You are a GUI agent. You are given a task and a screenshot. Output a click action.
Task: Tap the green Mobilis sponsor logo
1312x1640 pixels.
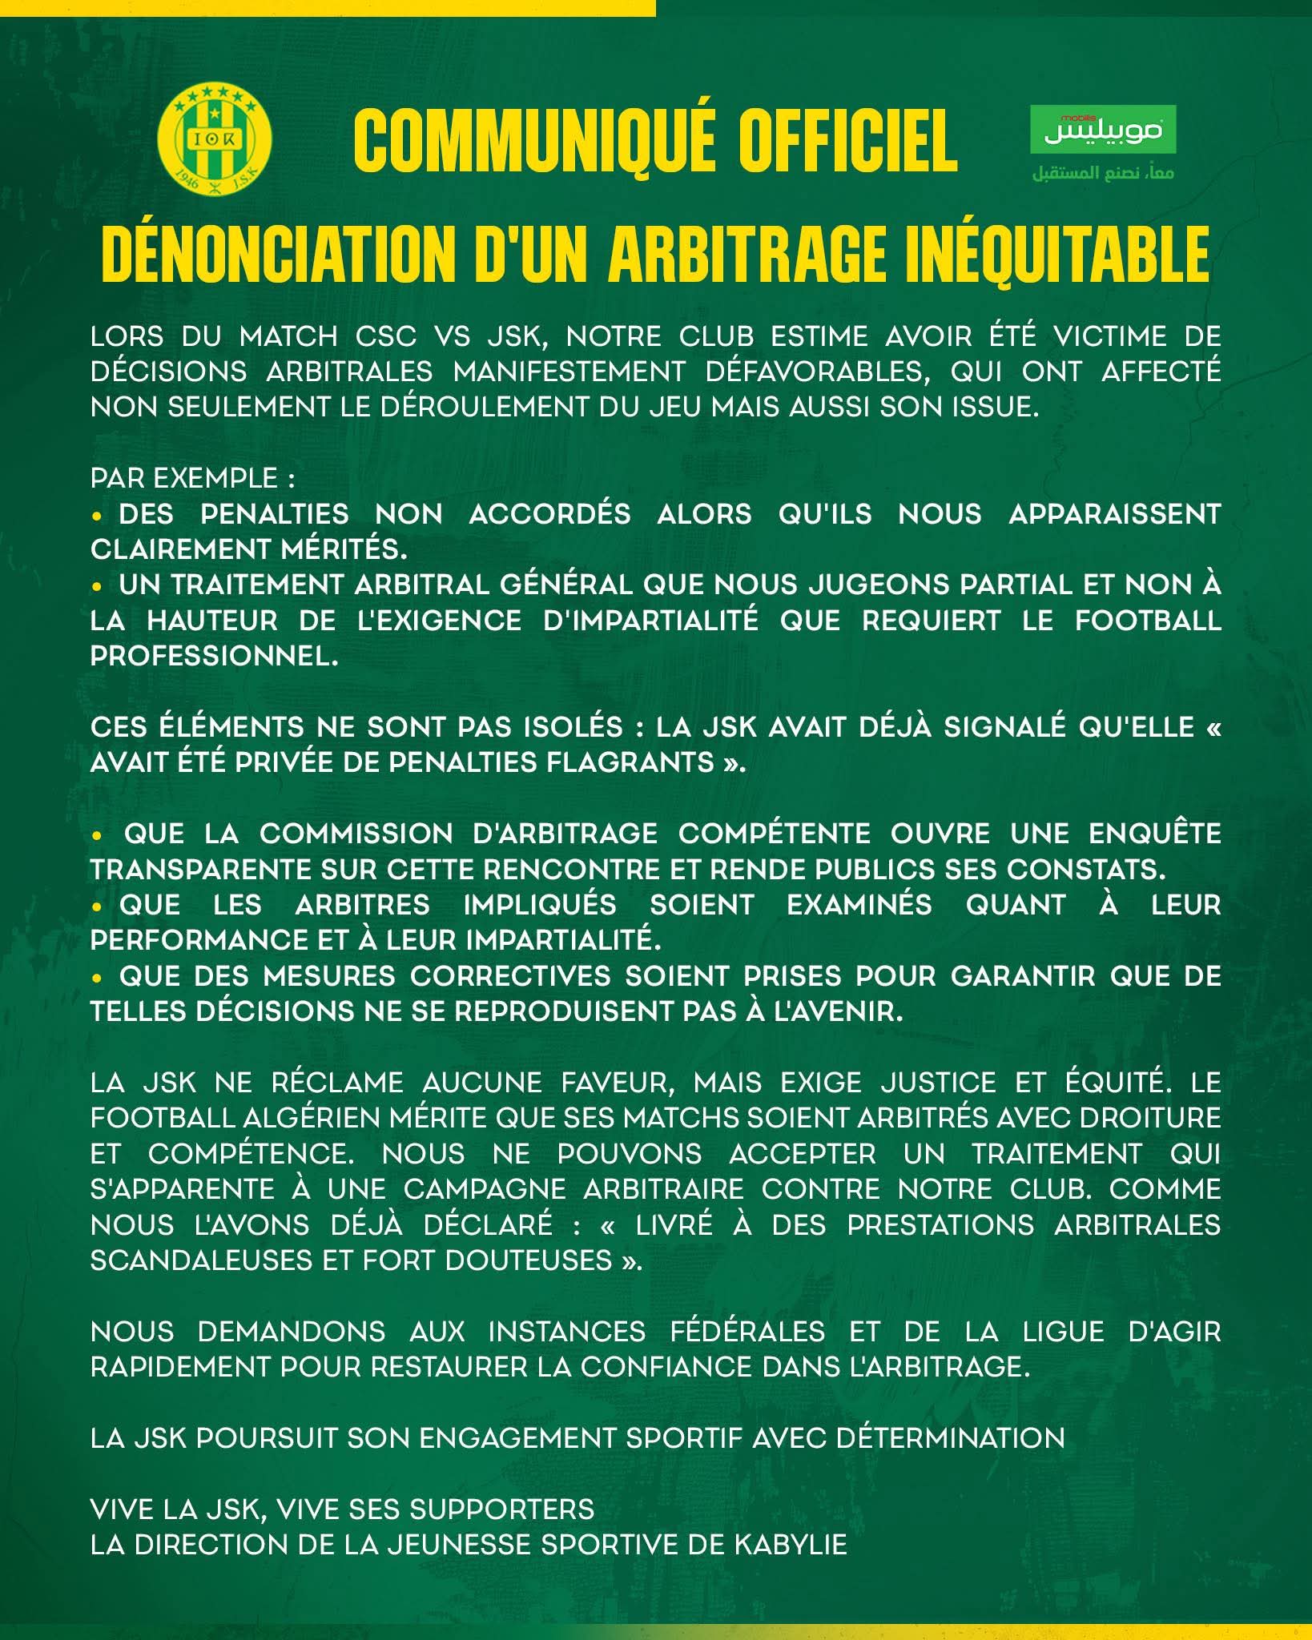pos(1101,130)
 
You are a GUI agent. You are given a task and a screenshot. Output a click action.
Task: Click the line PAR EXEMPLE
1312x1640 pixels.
pos(192,478)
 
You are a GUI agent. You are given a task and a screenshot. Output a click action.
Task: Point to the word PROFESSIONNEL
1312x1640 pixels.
pos(214,656)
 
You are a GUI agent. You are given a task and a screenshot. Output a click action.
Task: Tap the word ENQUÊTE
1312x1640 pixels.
pos(1154,834)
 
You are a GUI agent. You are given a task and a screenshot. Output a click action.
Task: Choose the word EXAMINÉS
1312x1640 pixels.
pos(859,905)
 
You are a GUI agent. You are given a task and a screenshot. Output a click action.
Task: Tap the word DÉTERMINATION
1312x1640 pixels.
pos(950,1438)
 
